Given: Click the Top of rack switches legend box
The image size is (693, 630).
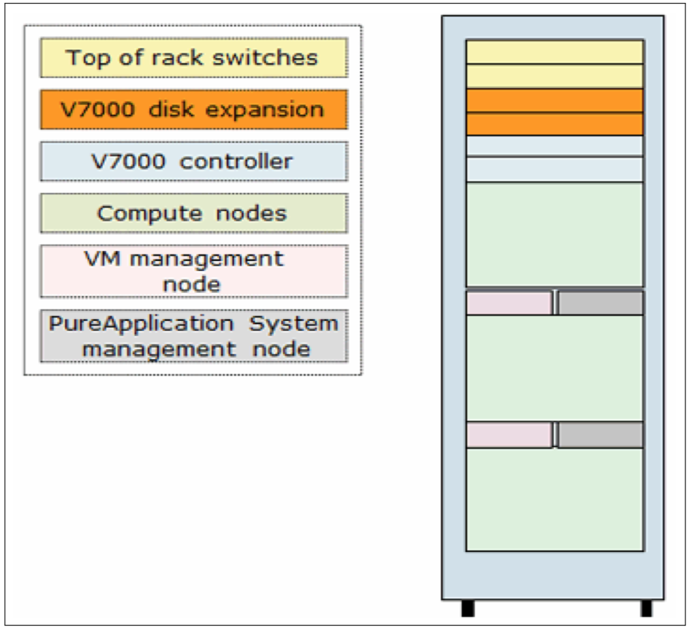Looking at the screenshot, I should point(194,58).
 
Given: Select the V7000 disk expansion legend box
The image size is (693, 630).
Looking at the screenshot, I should point(194,109).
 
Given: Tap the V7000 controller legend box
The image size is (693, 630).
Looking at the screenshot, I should point(194,161).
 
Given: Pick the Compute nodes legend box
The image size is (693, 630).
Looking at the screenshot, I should point(194,213).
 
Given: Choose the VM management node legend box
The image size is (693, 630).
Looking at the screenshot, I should point(194,271).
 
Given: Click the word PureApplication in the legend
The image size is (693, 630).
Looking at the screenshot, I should point(141,323).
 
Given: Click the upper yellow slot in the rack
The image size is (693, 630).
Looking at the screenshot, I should point(555,52).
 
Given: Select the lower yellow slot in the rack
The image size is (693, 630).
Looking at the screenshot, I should point(555,76).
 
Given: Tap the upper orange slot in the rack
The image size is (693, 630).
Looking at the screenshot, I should point(555,101).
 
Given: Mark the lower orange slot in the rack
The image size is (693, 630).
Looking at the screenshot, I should point(555,124).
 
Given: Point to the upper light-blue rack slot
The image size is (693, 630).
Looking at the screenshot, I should point(555,146).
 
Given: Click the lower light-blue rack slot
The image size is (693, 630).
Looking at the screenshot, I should point(555,170).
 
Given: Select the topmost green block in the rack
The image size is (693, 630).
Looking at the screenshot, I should point(555,235).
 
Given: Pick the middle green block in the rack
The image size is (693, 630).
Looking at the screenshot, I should point(555,368).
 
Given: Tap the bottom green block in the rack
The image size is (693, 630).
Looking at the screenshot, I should point(555,499).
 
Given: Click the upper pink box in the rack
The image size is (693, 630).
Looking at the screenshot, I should point(509,303).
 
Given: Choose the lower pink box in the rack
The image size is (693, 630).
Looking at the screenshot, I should point(509,435).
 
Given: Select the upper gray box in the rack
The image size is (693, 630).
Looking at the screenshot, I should point(601,303).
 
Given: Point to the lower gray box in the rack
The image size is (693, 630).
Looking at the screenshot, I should point(601,435).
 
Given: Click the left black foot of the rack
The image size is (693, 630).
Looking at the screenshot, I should point(468,608).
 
